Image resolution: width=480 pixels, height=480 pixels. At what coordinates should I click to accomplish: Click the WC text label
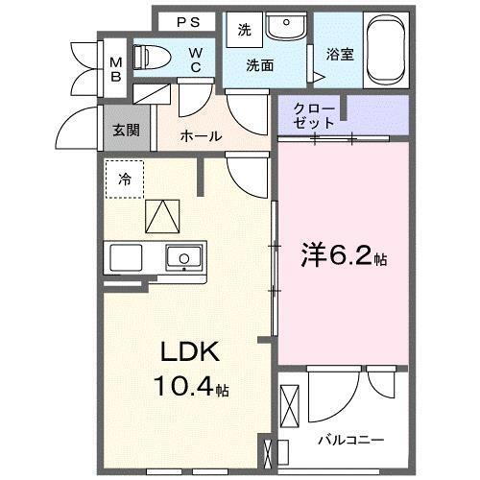pos(195,60)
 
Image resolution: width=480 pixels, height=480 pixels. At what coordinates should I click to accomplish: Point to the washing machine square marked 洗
pos(244,30)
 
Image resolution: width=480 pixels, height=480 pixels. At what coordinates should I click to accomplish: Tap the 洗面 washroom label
pos(259,65)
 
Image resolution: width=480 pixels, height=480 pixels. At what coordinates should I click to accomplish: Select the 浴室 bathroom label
pos(340,55)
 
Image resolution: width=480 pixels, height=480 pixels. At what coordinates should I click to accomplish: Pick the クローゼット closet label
pos(316,115)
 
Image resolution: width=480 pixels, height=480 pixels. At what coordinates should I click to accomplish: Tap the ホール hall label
pos(202,136)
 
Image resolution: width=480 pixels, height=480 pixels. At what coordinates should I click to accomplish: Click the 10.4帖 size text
pos(193,389)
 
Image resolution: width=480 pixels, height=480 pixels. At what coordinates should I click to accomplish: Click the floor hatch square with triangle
pos(161,216)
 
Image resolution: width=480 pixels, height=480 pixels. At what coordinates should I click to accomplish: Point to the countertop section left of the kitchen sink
pos(126,257)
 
